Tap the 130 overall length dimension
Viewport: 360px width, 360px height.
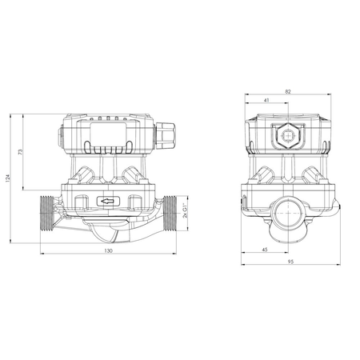108,250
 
